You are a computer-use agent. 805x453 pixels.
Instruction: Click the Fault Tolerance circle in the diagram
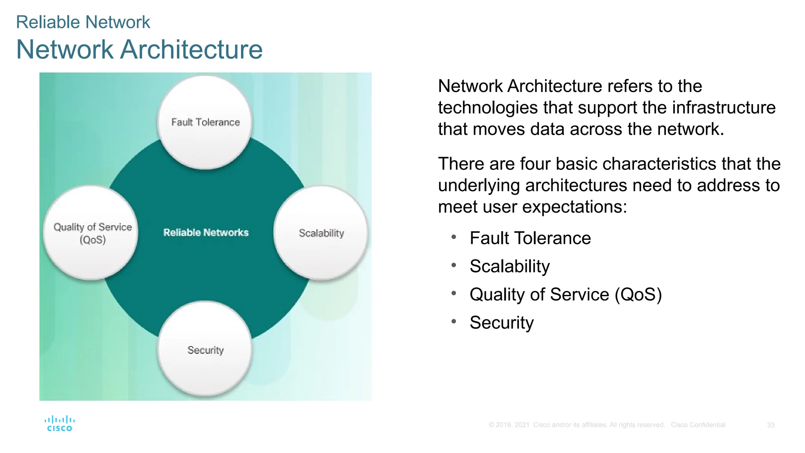205,122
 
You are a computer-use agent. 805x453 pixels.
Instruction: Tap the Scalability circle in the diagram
321,233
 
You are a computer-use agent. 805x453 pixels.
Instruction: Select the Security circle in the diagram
205,349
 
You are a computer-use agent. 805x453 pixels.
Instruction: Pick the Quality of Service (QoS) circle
91,233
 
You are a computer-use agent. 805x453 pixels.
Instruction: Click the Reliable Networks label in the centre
206,232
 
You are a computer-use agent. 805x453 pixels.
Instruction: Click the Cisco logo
59,424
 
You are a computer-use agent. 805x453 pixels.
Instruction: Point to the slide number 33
770,425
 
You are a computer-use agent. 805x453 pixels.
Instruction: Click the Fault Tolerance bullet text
530,238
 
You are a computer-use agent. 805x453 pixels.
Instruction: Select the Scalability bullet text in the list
509,266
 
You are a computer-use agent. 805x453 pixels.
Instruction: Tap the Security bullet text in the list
502,322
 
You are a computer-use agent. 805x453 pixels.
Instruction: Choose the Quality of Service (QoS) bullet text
565,295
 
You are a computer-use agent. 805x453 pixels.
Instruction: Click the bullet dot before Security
454,321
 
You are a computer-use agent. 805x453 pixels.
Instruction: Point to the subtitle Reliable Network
83,22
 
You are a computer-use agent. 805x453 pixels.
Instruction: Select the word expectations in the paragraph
574,207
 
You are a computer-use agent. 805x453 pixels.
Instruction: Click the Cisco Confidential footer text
698,425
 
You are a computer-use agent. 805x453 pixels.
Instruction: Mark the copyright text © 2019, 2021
509,425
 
